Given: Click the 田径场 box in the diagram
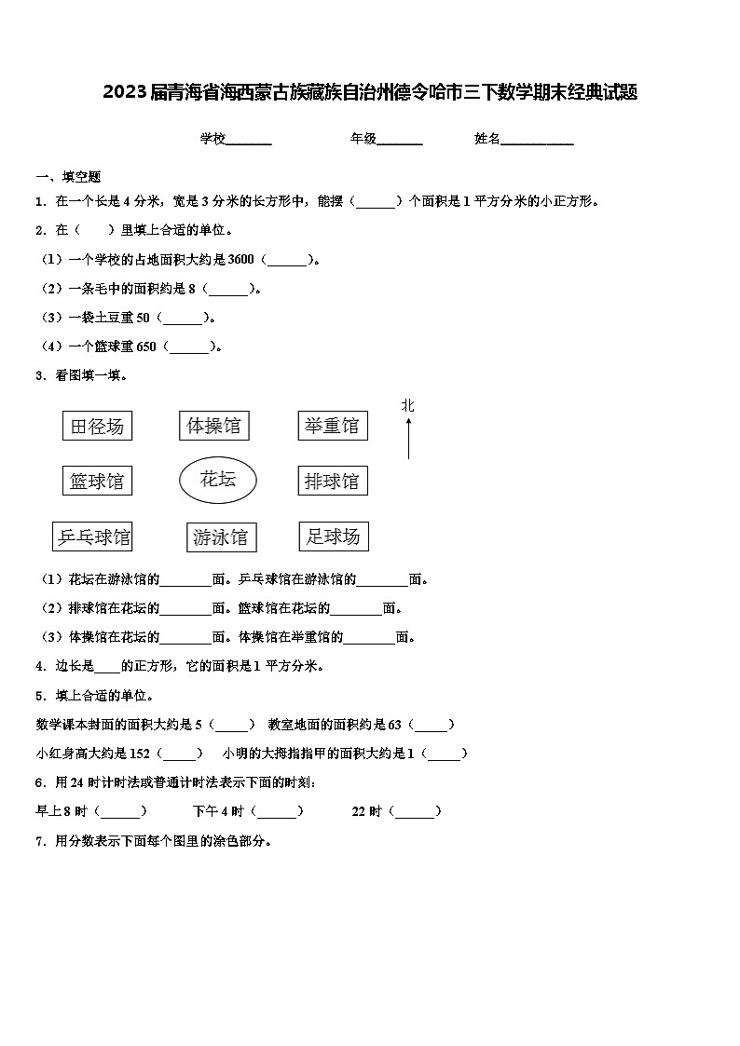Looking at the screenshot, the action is click(x=97, y=427).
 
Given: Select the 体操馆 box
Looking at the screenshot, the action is click(x=213, y=426).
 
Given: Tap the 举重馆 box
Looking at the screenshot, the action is click(x=332, y=426).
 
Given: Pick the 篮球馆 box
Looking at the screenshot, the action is click(x=97, y=482).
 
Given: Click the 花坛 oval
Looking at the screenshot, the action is click(x=218, y=480).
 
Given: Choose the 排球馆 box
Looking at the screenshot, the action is click(x=332, y=482).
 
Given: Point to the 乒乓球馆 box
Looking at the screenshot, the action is click(x=92, y=537).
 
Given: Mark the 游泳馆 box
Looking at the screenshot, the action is click(x=221, y=537).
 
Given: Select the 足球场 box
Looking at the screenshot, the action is click(x=333, y=537).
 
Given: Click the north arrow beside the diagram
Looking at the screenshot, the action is click(x=408, y=438).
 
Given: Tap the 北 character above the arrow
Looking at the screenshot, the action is click(x=408, y=405).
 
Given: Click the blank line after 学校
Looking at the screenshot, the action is click(x=249, y=140).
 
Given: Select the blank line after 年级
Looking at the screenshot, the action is click(x=400, y=140).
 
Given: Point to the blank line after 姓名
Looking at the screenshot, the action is click(x=538, y=140).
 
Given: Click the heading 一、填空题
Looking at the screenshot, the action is click(x=68, y=177).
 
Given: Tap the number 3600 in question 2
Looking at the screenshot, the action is click(x=241, y=260).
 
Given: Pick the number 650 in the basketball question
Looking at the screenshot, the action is click(x=146, y=346).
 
